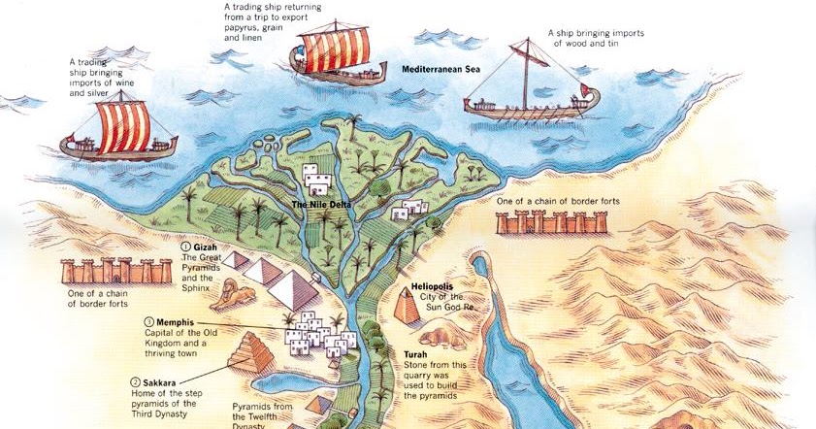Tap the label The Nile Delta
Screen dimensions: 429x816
pyautogui.click(x=322, y=205)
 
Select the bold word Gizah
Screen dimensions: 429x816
pyautogui.click(x=205, y=248)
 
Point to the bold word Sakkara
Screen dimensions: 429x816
pyautogui.click(x=157, y=382)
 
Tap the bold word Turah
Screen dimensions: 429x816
pyautogui.click(x=415, y=355)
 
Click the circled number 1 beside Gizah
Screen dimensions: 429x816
pyautogui.click(x=184, y=248)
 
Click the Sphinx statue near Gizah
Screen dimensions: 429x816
pyautogui.click(x=230, y=295)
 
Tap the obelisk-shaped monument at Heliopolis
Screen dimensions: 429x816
pyautogui.click(x=405, y=308)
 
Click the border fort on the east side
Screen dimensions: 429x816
pyautogui.click(x=552, y=222)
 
